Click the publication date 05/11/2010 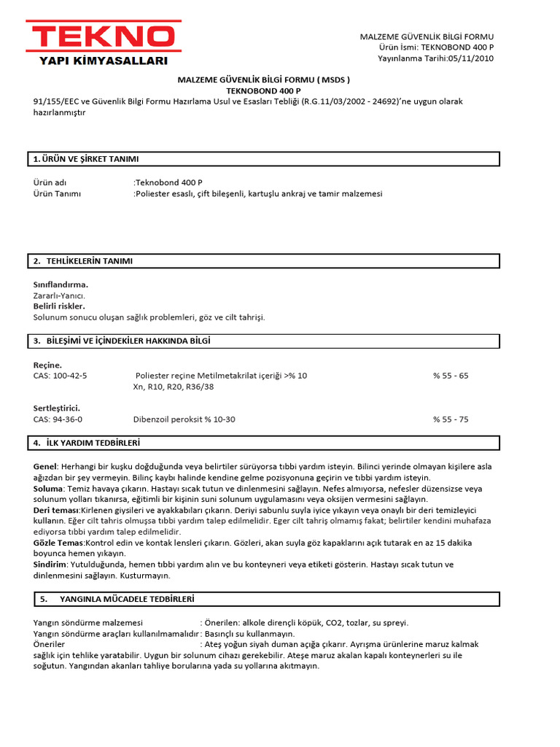pyautogui.click(x=467, y=58)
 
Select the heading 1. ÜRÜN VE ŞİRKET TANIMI pyautogui.click(x=86, y=159)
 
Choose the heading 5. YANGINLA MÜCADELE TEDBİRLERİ pyautogui.click(x=117, y=599)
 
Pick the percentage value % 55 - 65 pyautogui.click(x=451, y=376)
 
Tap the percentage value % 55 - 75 pyautogui.click(x=451, y=419)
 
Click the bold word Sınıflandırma pyautogui.click(x=61, y=285)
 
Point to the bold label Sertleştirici pyautogui.click(x=57, y=408)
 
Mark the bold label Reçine pyautogui.click(x=48, y=365)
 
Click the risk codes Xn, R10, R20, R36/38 pyautogui.click(x=174, y=387)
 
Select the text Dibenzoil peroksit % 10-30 pyautogui.click(x=184, y=419)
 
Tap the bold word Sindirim pyautogui.click(x=50, y=565)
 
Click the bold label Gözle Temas pyautogui.click(x=59, y=543)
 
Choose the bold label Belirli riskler pyautogui.click(x=59, y=306)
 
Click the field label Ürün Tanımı pyautogui.click(x=57, y=194)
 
